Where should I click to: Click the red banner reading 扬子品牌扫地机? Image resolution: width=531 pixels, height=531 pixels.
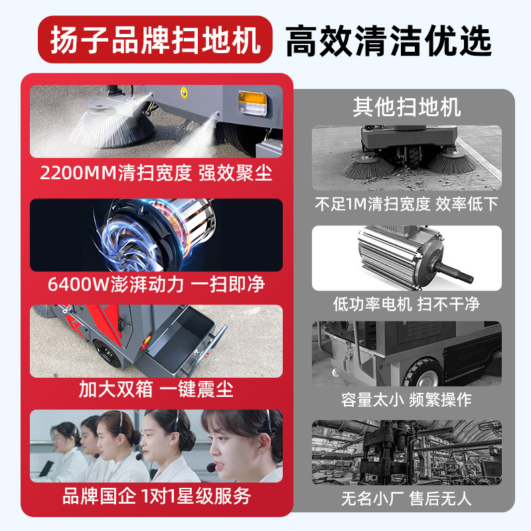click(x=155, y=39)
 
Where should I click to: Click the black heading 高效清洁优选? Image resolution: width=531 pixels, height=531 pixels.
click(x=388, y=41)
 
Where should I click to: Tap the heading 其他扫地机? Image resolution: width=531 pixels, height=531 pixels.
click(x=407, y=107)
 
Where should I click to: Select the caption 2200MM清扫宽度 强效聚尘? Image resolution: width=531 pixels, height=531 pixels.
click(x=156, y=173)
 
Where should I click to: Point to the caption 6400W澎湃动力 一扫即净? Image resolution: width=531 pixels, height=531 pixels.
click(x=156, y=284)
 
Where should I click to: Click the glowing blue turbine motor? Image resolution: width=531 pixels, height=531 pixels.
click(x=154, y=235)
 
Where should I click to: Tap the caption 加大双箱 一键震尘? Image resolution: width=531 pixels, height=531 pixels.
click(x=156, y=389)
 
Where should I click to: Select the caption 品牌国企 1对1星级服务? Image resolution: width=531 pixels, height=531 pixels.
click(x=156, y=496)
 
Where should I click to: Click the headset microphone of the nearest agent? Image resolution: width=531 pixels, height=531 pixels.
click(x=211, y=468)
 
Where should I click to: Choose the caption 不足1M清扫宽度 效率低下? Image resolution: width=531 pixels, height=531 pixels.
click(x=406, y=204)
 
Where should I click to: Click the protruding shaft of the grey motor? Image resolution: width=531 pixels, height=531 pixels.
click(x=453, y=273)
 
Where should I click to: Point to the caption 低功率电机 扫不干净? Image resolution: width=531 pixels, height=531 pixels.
click(x=406, y=304)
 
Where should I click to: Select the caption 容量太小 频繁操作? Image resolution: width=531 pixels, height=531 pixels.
click(x=406, y=400)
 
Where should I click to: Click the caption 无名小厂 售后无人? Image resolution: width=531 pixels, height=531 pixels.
click(x=406, y=498)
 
